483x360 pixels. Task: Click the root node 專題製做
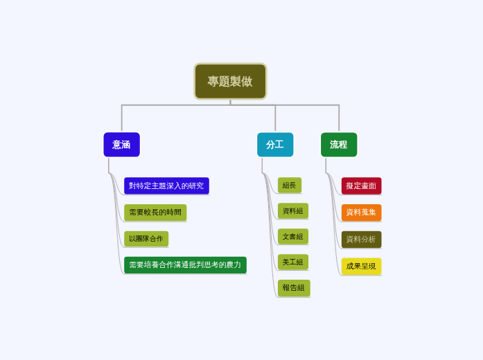point(230,82)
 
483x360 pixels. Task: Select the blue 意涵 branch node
point(121,145)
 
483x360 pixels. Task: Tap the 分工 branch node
point(275,145)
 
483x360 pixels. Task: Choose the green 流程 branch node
point(339,145)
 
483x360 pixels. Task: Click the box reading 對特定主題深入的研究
point(166,186)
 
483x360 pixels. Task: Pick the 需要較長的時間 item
point(155,213)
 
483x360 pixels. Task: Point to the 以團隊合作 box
point(146,239)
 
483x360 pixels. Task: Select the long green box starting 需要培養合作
point(185,264)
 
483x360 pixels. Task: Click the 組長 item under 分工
point(290,186)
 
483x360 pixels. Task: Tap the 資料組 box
point(293,211)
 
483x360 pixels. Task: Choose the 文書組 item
point(293,237)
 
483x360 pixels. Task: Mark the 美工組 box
point(293,262)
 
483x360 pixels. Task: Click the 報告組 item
point(294,288)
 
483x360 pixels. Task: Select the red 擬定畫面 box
point(361,186)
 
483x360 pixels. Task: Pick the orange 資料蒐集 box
point(361,213)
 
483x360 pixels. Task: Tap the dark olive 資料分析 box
point(361,240)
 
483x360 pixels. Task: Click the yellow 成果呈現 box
point(361,266)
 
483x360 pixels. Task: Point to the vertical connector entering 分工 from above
point(275,118)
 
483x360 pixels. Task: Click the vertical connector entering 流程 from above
point(339,118)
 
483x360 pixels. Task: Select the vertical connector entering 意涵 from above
point(122,118)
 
